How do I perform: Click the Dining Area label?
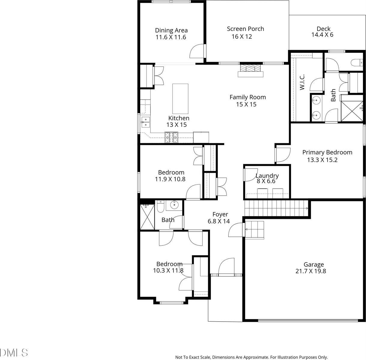(x=171, y=30)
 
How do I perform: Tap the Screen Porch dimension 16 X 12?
(x=242, y=37)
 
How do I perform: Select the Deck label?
(x=323, y=29)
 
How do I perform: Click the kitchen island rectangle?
(x=180, y=98)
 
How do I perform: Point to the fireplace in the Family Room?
(x=250, y=70)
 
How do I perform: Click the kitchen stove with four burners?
(x=171, y=138)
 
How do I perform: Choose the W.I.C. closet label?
(x=302, y=82)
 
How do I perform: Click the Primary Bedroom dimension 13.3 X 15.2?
(x=322, y=160)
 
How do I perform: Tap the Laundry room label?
(x=267, y=176)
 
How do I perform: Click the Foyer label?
(x=220, y=214)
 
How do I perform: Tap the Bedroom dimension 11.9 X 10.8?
(x=170, y=179)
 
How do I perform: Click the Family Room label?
(x=247, y=97)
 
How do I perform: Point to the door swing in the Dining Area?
(x=197, y=52)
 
